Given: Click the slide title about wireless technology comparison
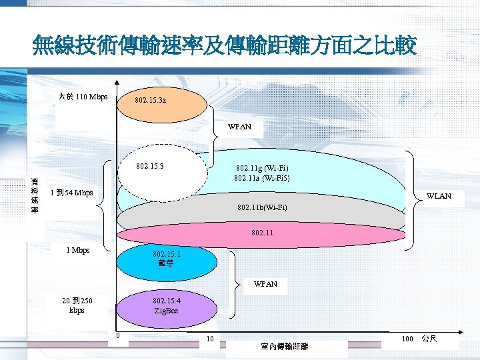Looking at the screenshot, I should click(224, 47).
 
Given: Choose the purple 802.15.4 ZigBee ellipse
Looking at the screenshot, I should click(166, 306).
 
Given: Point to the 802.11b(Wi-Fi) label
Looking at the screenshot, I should click(262, 208).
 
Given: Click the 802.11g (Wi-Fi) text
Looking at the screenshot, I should click(262, 169).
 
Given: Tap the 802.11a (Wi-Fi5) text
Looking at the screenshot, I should click(261, 178).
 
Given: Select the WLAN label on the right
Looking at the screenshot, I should click(438, 196).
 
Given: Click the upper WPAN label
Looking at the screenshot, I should click(239, 127).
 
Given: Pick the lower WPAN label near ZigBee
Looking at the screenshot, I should click(265, 285).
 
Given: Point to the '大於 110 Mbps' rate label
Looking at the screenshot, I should click(83, 97).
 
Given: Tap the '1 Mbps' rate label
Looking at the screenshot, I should click(78, 251).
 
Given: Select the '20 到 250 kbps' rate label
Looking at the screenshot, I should click(77, 305).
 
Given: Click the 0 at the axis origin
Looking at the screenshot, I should click(118, 335).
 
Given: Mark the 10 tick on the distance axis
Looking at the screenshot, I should click(209, 339).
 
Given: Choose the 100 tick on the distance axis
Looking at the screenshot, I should click(407, 339).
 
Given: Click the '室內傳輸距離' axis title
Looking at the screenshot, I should click(285, 347).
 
